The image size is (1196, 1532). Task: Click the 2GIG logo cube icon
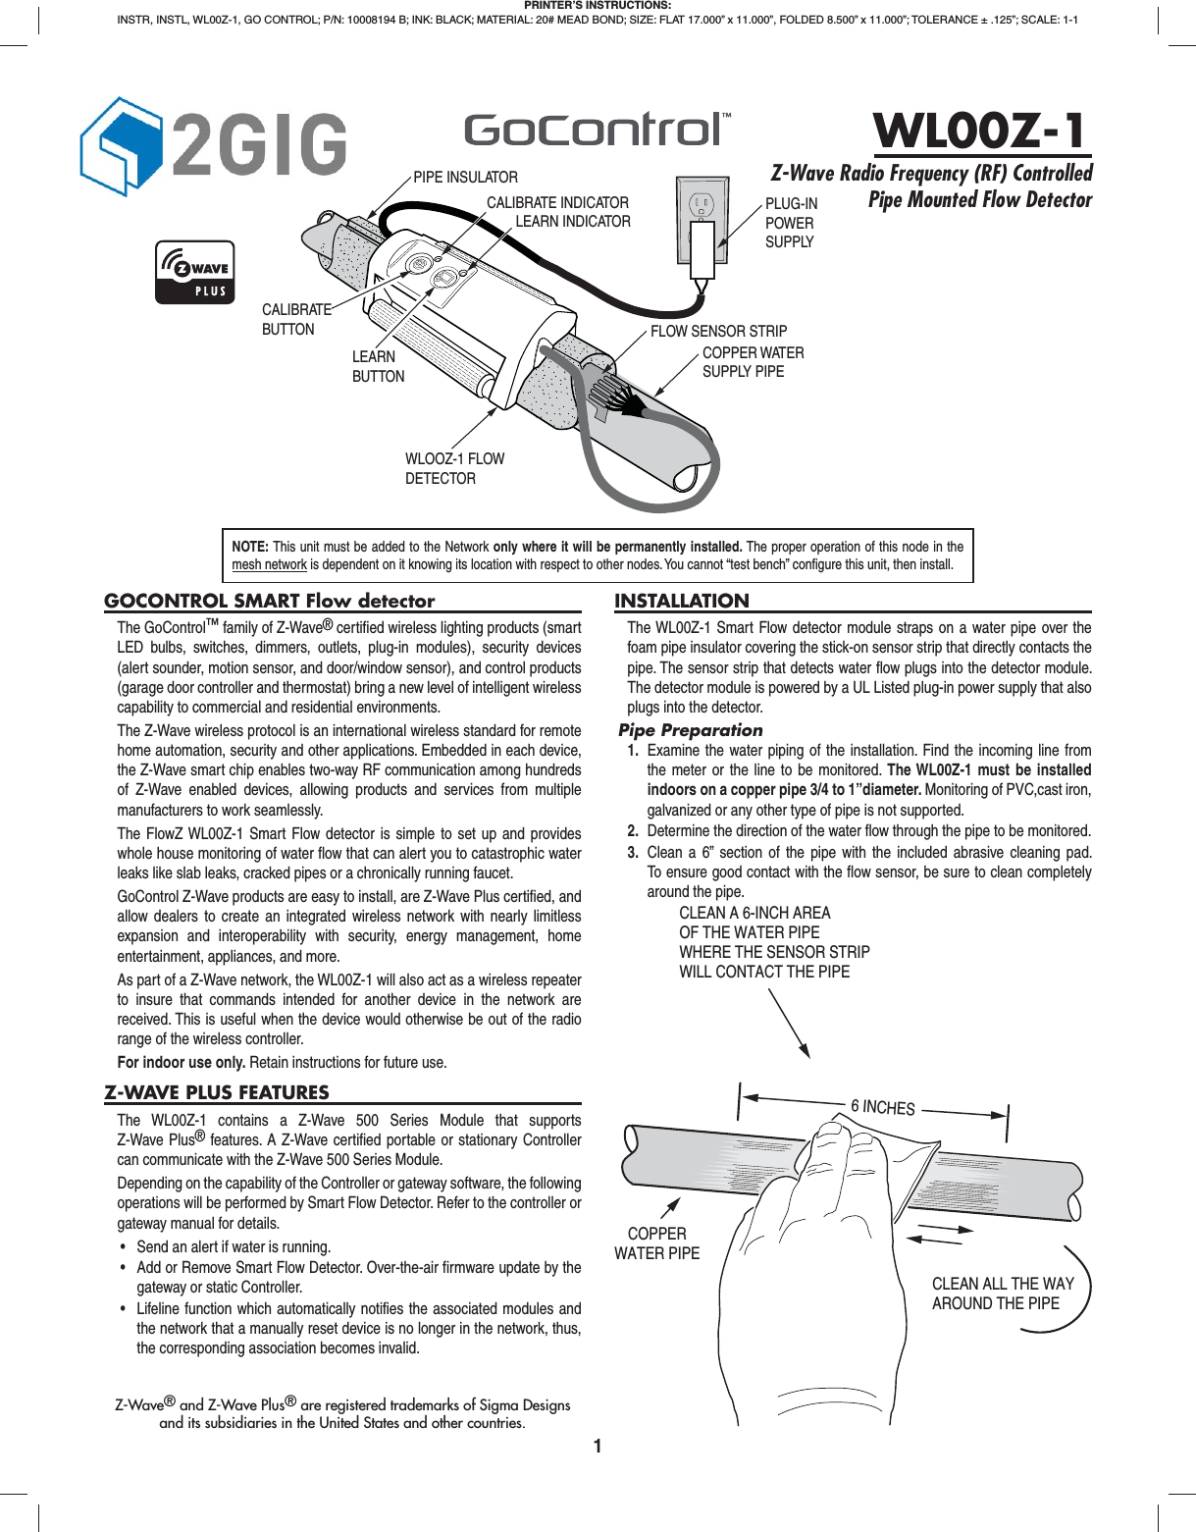pyautogui.click(x=120, y=146)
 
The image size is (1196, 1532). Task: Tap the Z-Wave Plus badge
pyautogui.click(x=195, y=272)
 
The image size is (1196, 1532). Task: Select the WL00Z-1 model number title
pyautogui.click(x=979, y=131)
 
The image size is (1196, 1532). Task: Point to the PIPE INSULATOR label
pyautogui.click(x=465, y=178)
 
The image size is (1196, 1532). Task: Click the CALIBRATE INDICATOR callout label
pyautogui.click(x=557, y=202)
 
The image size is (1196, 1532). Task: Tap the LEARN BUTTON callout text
pyautogui.click(x=378, y=366)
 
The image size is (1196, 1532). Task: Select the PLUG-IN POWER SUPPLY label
pyautogui.click(x=791, y=223)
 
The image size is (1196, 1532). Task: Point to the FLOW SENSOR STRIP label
pyautogui.click(x=718, y=332)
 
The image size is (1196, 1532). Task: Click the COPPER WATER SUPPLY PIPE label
pyautogui.click(x=753, y=362)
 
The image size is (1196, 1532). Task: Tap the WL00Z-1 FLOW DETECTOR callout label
pyautogui.click(x=454, y=468)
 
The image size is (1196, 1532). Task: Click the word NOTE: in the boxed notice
pyautogui.click(x=250, y=547)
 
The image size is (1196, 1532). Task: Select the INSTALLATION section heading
pyautogui.click(x=682, y=601)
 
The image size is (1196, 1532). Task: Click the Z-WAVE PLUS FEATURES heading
pyautogui.click(x=217, y=1092)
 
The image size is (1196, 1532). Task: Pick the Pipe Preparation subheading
pyautogui.click(x=691, y=730)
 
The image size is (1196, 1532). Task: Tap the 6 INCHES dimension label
pyautogui.click(x=882, y=1107)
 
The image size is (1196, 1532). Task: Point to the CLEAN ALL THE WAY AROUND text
pyautogui.click(x=1002, y=1294)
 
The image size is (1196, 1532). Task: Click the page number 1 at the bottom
pyautogui.click(x=598, y=1446)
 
